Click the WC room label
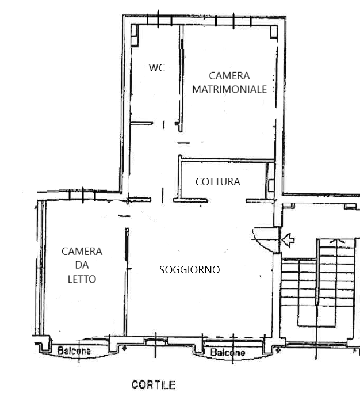[156, 68]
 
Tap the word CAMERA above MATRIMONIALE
[229, 76]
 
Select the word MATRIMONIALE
[229, 89]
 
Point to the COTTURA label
[218, 182]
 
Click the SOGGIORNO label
[189, 270]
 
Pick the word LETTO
[82, 279]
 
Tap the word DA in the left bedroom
[82, 265]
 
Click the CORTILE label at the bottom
[154, 385]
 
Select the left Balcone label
[74, 351]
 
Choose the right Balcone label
[228, 352]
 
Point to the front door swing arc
[262, 242]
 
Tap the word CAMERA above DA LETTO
[82, 252]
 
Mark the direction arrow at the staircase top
[337, 241]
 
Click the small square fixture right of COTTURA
[271, 185]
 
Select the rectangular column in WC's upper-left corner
[135, 35]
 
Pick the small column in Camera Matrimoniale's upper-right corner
[274, 32]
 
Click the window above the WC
[159, 20]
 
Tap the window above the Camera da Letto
[82, 195]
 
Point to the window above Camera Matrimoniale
[233, 21]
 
